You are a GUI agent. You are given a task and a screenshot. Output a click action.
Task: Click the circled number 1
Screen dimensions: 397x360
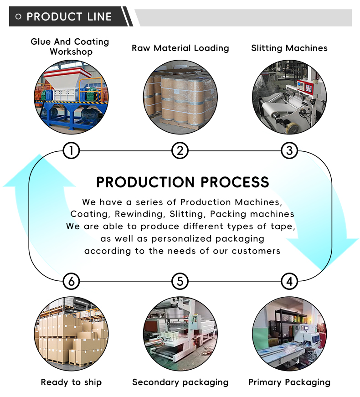point(71,150)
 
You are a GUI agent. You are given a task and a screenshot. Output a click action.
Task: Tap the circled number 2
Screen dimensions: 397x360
point(180,150)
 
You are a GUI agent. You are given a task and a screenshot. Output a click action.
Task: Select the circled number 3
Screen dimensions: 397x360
point(289,150)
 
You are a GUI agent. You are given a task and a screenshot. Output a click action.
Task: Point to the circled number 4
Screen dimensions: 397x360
point(289,281)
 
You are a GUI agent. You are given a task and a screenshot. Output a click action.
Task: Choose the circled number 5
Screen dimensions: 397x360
point(180,281)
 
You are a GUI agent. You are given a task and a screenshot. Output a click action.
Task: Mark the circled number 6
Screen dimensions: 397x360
point(71,281)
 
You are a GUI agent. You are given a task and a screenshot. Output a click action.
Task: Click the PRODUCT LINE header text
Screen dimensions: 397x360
point(69,17)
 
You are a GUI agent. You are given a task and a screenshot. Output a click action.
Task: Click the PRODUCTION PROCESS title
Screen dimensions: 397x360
point(183,182)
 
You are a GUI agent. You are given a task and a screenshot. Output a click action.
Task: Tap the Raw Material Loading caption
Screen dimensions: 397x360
point(180,48)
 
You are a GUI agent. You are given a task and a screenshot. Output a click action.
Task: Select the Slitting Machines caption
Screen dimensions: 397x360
point(289,48)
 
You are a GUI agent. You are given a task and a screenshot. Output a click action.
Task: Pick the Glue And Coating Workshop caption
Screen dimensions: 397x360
point(70,46)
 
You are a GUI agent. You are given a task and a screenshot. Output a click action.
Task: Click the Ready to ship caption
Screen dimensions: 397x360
point(71,382)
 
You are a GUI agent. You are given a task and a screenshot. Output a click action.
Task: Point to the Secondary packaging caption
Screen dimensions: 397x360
point(180,382)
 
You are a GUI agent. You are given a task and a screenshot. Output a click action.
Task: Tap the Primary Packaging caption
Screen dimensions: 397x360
point(289,382)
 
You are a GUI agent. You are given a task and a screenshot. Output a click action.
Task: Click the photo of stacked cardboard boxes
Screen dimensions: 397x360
point(71,333)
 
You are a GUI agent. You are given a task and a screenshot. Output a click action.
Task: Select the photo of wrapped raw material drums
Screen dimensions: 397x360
point(180,97)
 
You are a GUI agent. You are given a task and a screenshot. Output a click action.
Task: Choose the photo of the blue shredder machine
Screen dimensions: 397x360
point(71,97)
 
